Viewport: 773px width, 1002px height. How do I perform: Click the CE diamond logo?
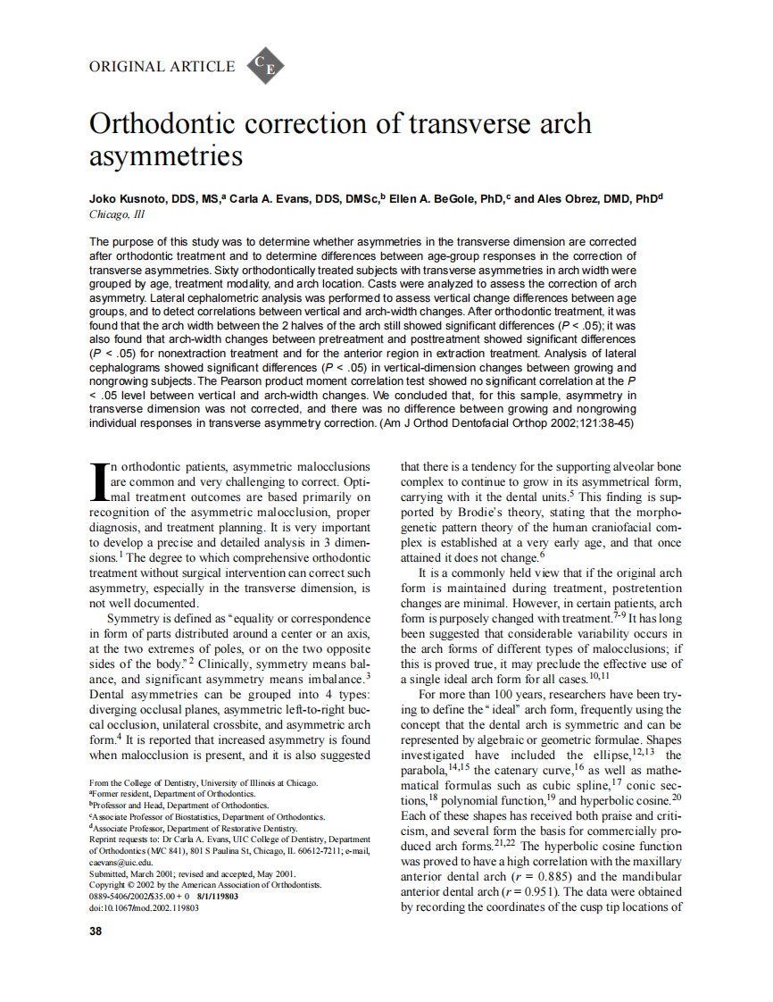click(x=264, y=66)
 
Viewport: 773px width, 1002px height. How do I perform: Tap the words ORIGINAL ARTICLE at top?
click(x=162, y=67)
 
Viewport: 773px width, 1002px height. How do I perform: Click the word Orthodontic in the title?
click(x=173, y=123)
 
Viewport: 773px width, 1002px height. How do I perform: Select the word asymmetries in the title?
click(x=166, y=156)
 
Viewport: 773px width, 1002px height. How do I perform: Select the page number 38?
click(x=96, y=931)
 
